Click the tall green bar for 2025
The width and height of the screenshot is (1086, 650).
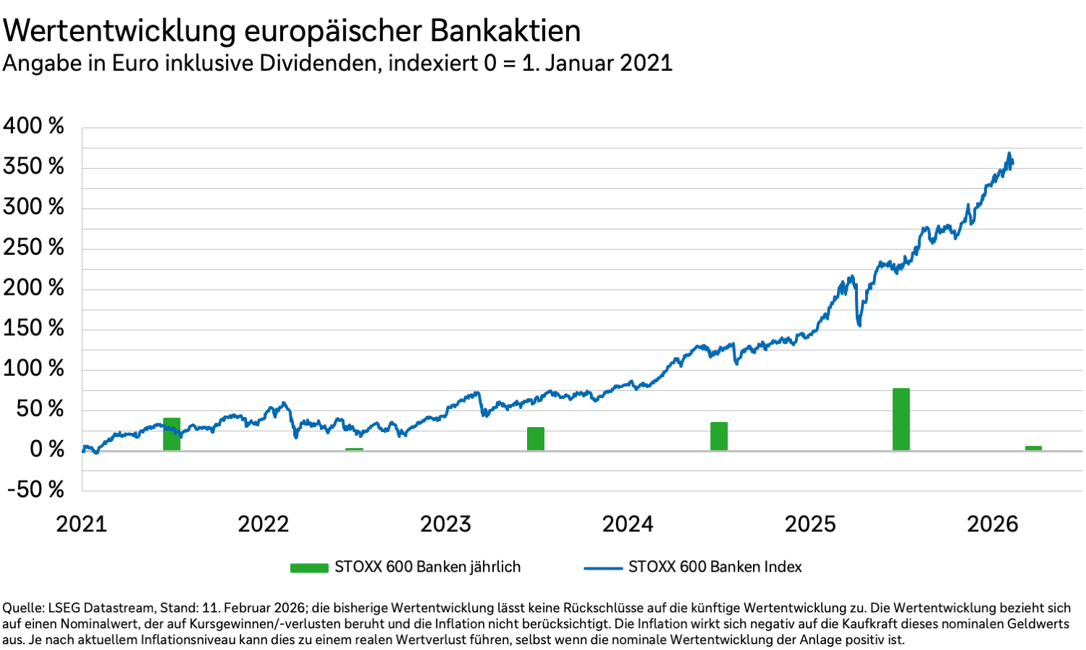tap(901, 419)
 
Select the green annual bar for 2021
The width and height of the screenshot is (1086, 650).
tap(172, 434)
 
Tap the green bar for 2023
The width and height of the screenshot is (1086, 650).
tap(536, 439)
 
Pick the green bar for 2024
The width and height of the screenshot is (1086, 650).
tap(719, 436)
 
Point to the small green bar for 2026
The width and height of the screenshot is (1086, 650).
tap(1033, 448)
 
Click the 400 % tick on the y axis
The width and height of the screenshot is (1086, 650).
tap(33, 126)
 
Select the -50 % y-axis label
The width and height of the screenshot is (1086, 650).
tap(35, 489)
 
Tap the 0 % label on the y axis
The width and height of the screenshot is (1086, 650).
tap(46, 449)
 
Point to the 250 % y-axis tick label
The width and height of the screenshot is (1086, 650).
tap(33, 248)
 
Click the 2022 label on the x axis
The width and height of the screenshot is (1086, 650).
tap(264, 524)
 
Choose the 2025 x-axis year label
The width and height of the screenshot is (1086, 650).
tap(810, 524)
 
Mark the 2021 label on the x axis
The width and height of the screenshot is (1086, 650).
tap(81, 524)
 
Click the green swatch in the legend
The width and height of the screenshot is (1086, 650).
tap(309, 567)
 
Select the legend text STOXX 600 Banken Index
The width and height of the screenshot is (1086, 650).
tap(715, 567)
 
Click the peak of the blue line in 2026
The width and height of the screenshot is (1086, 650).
tap(1009, 153)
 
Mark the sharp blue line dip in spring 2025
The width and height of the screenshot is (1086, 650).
tap(859, 325)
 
